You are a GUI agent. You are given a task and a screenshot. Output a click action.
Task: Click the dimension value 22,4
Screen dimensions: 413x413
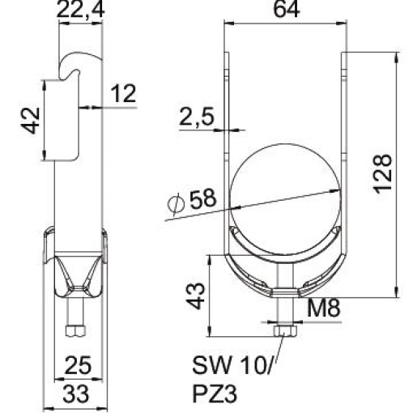point(81,12)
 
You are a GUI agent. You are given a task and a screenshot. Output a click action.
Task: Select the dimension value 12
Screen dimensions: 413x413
point(121,95)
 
